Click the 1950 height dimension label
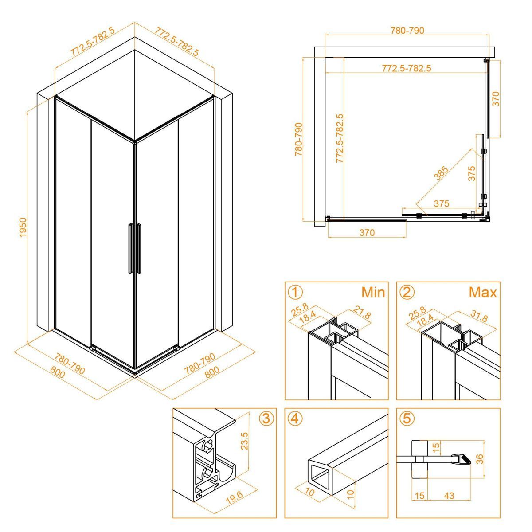click(23, 227)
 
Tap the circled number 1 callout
click(295, 292)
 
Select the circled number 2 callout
click(407, 292)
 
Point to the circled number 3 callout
click(266, 419)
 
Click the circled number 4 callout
click(295, 419)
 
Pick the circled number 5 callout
click(407, 419)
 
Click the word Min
click(373, 292)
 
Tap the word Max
click(483, 292)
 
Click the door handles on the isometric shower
click(135, 248)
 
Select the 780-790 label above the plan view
click(407, 30)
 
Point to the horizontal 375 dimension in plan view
click(442, 203)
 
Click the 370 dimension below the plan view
click(367, 232)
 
